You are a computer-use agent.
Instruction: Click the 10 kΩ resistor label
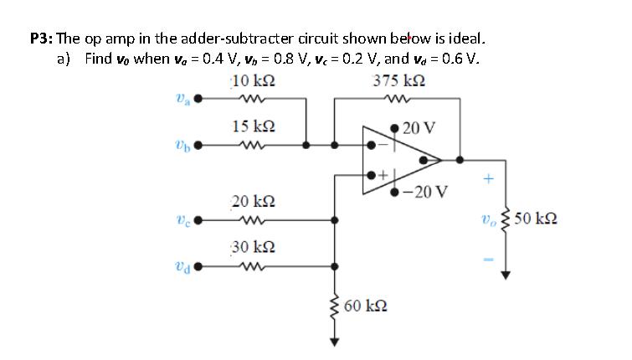[x=254, y=81]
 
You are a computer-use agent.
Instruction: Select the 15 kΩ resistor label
[x=254, y=126]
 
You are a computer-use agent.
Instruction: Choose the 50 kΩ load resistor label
[x=537, y=219]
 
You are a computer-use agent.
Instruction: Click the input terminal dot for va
[x=200, y=99]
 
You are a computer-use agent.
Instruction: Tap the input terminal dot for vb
[x=200, y=144]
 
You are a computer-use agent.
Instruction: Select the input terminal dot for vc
[x=200, y=221]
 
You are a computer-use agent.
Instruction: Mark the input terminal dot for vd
[x=200, y=266]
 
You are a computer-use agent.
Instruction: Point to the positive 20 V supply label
[x=419, y=128]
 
